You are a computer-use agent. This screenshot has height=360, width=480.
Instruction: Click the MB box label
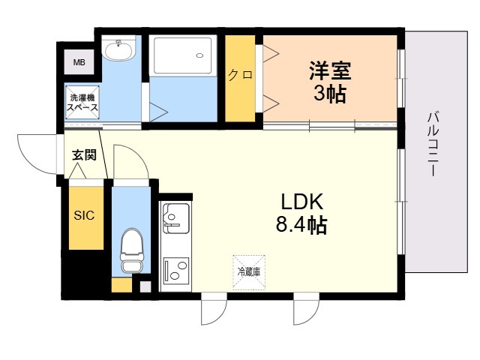79,62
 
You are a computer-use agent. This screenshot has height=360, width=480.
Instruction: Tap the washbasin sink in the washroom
118,51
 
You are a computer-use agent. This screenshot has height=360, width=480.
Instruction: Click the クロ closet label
240,75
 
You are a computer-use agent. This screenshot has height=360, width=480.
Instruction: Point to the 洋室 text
330,73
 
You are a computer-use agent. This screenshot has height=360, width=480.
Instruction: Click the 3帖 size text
330,95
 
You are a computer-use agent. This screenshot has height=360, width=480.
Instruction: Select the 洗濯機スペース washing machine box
83,103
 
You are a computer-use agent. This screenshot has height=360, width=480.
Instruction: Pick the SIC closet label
84,216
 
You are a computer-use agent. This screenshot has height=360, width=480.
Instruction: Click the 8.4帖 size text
301,225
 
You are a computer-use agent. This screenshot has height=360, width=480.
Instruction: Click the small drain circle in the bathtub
199,54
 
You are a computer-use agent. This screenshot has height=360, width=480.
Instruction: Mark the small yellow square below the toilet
120,286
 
